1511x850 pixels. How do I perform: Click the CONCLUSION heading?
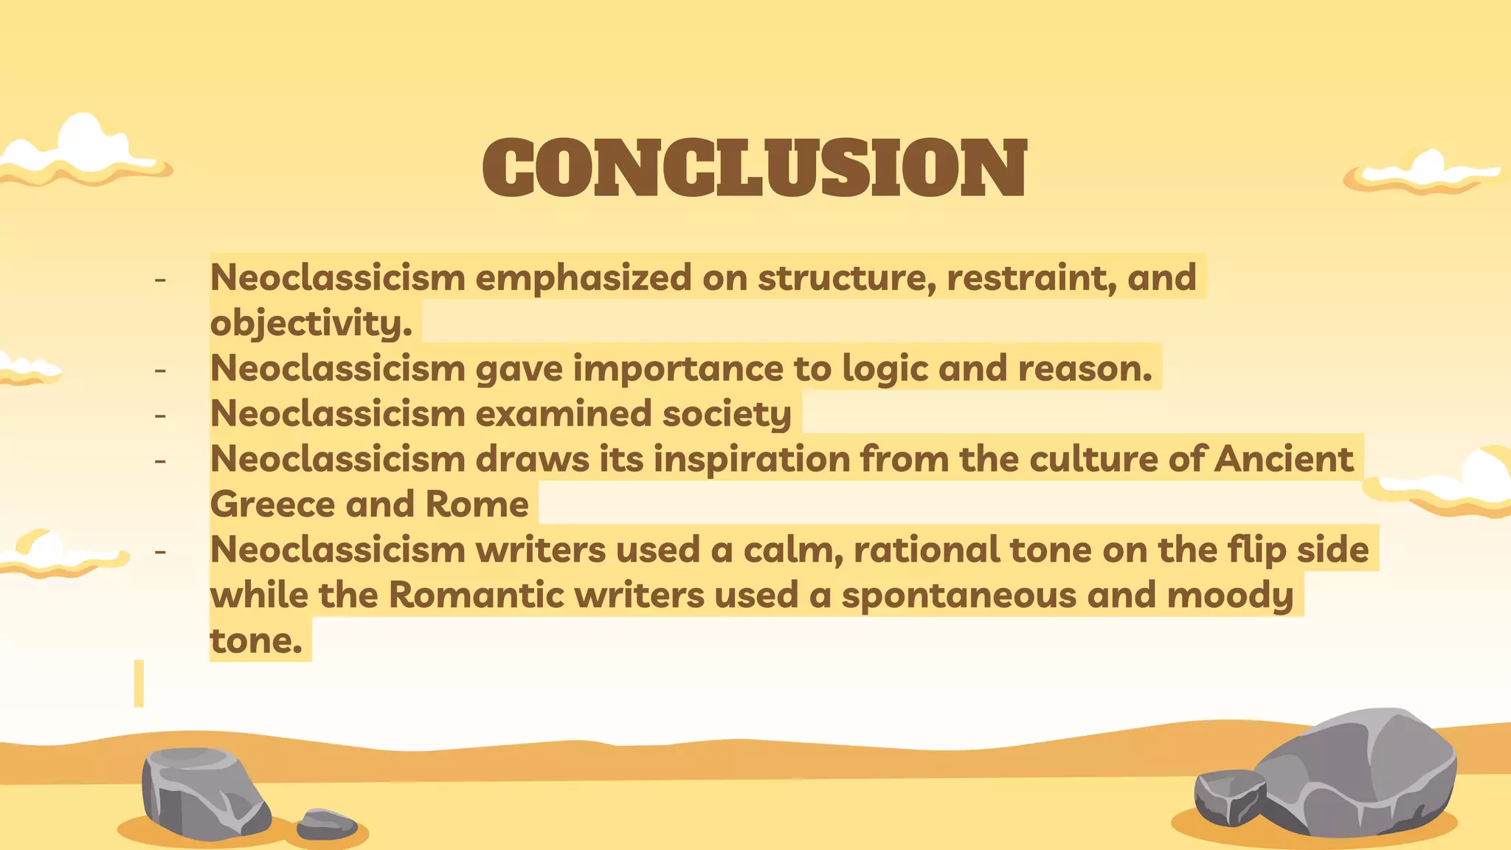coord(754,168)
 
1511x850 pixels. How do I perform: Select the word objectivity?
coord(311,323)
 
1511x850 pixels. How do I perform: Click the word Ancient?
coord(1284,459)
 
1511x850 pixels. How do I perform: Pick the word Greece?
coord(272,505)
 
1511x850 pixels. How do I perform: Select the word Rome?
coord(477,505)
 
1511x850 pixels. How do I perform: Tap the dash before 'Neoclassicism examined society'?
coord(160,415)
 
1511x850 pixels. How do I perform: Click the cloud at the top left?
coord(83,152)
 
